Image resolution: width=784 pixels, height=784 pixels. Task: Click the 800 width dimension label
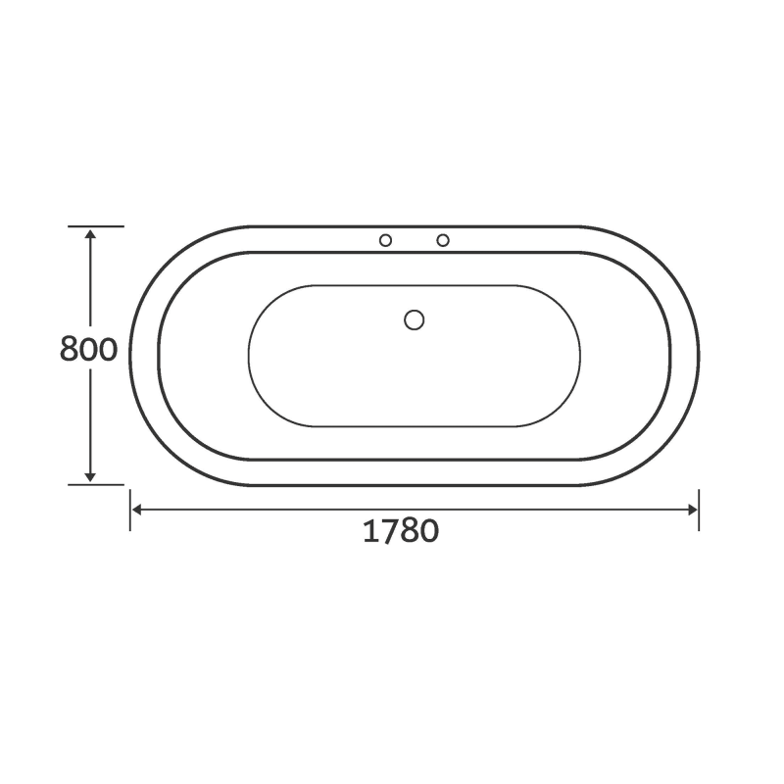click(88, 349)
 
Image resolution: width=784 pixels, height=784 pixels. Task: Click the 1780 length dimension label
click(401, 530)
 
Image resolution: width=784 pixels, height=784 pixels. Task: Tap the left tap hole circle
click(385, 240)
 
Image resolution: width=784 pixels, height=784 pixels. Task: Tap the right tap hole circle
click(443, 240)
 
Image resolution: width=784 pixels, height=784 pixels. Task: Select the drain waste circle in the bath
click(414, 320)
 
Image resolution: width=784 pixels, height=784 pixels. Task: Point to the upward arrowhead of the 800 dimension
click(90, 234)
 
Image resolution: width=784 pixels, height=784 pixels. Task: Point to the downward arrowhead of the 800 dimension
click(90, 477)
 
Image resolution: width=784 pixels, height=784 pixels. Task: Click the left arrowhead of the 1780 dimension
click(136, 510)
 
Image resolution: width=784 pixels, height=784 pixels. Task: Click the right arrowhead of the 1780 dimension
click(693, 510)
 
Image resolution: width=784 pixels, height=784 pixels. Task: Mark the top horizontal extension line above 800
click(96, 226)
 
